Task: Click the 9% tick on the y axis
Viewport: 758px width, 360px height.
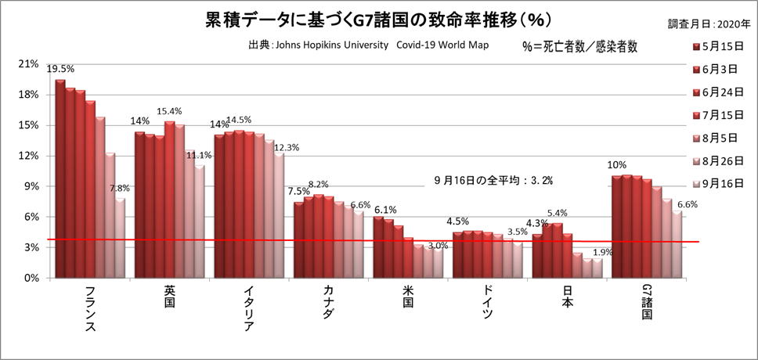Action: click(x=31, y=186)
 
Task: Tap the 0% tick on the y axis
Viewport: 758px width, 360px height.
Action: click(x=31, y=278)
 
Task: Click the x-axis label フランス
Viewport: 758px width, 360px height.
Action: click(x=88, y=309)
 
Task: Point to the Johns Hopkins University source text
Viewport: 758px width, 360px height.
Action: click(x=368, y=45)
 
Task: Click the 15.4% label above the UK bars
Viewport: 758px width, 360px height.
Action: click(x=170, y=112)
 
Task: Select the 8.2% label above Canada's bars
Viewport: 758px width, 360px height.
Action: click(x=319, y=184)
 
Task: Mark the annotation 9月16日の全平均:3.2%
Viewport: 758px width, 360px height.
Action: click(x=493, y=180)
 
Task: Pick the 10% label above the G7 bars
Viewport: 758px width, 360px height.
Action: click(x=616, y=165)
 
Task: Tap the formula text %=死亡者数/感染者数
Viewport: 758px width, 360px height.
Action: click(x=579, y=46)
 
